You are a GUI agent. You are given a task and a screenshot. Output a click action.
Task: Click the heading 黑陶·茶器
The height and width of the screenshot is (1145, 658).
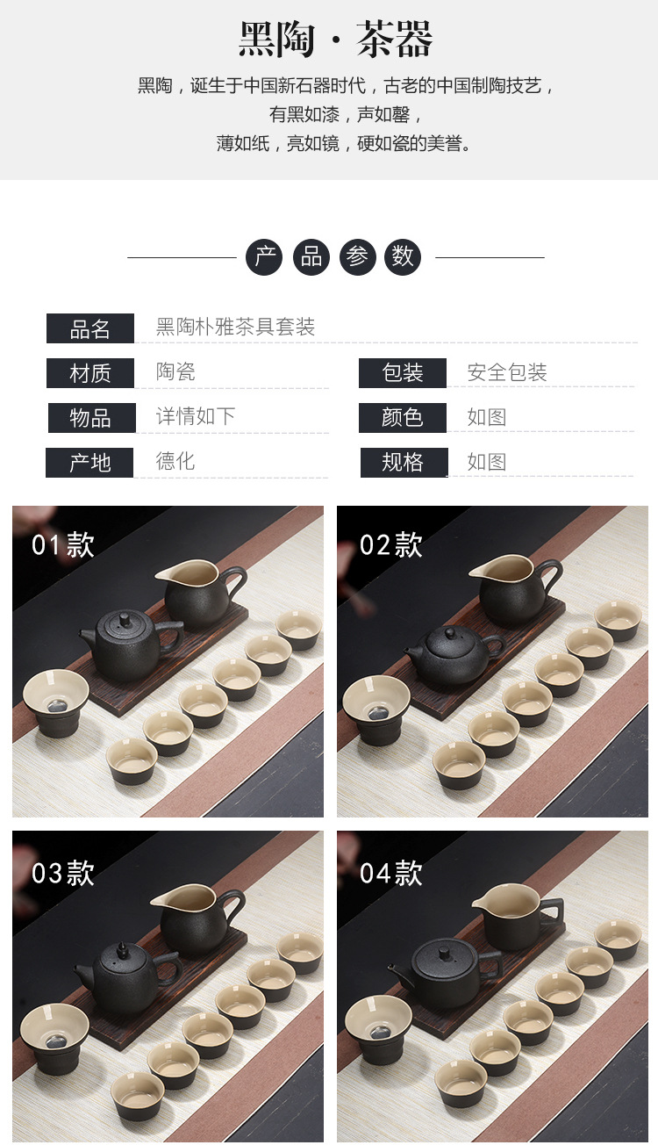pyautogui.click(x=335, y=39)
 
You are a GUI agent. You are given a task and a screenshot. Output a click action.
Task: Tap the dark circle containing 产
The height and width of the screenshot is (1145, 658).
pyautogui.click(x=264, y=257)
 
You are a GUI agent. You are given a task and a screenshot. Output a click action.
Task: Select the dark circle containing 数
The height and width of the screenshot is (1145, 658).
pyautogui.click(x=403, y=257)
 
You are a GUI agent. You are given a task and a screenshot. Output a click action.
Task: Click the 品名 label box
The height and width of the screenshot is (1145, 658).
pyautogui.click(x=89, y=328)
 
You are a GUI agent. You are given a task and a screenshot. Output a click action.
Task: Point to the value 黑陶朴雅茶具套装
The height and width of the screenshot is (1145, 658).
pyautogui.click(x=235, y=327)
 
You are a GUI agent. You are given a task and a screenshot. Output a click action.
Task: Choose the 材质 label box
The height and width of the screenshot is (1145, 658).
pyautogui.click(x=89, y=373)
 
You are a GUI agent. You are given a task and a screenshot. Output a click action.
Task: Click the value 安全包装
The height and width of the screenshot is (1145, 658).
pyautogui.click(x=507, y=372)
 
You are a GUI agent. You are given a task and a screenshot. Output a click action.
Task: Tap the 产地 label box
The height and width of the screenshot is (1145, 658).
pyautogui.click(x=89, y=463)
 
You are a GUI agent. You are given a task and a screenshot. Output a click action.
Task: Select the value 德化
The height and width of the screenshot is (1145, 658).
pyautogui.click(x=175, y=461)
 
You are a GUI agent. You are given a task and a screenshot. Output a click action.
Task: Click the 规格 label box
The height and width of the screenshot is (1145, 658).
pyautogui.click(x=404, y=463)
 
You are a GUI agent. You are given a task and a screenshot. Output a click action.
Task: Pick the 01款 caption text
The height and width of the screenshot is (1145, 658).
pyautogui.click(x=63, y=545)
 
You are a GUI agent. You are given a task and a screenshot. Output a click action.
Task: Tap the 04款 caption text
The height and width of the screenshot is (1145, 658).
pyautogui.click(x=390, y=873)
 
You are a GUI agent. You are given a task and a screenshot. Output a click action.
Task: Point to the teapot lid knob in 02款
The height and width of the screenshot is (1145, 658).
pyautogui.click(x=449, y=633)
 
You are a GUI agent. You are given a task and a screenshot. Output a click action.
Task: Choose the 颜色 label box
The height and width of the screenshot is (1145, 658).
pyautogui.click(x=403, y=418)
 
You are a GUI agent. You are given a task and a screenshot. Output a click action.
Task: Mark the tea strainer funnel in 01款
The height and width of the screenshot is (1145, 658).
pyautogui.click(x=55, y=702)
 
